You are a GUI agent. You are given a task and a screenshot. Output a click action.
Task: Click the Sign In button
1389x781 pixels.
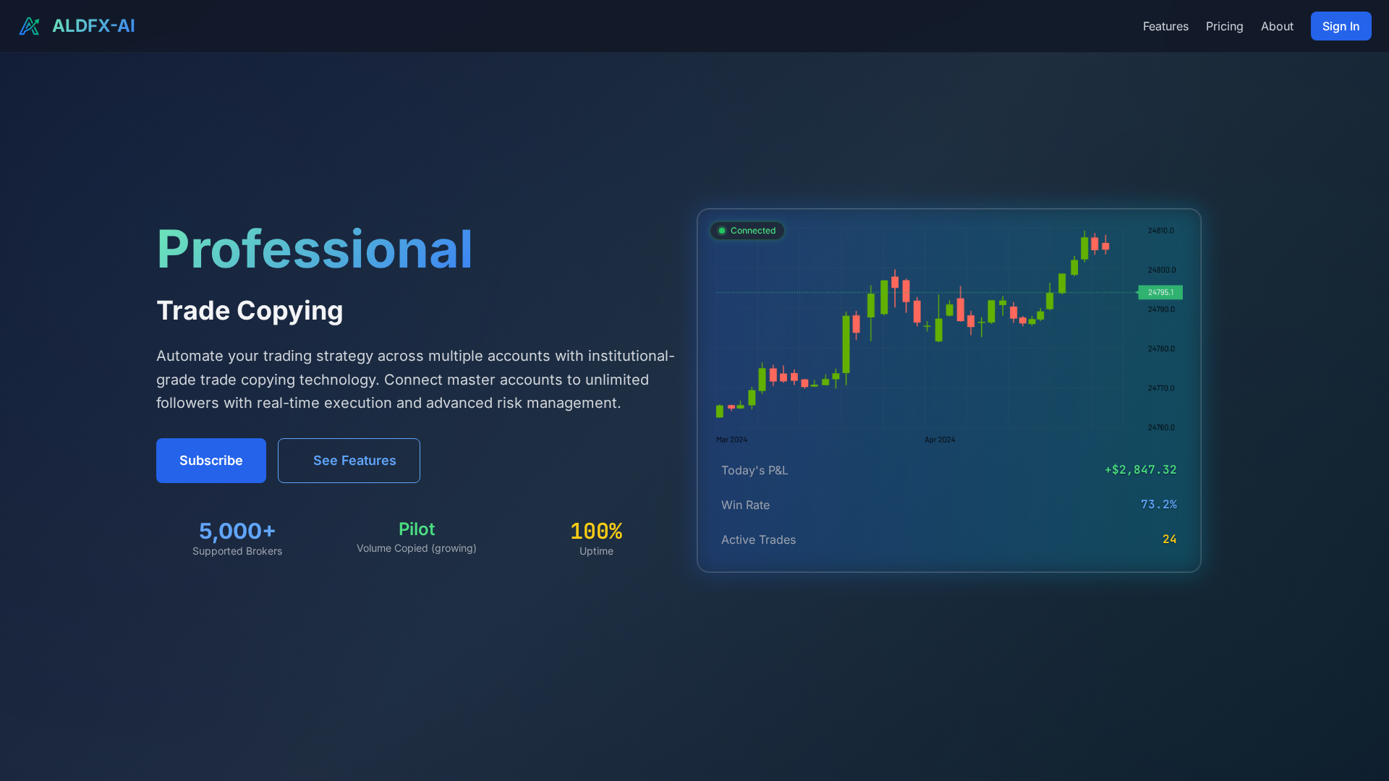pyautogui.click(x=1341, y=26)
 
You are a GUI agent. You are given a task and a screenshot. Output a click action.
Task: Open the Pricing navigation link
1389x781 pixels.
pyautogui.click(x=1224, y=26)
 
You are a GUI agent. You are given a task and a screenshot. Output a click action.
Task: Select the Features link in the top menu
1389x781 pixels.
pyautogui.click(x=1165, y=26)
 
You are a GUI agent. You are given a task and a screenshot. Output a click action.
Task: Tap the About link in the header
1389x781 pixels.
pyautogui.click(x=1277, y=26)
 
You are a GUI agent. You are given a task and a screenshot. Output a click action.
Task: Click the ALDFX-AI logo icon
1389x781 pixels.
pyautogui.click(x=29, y=26)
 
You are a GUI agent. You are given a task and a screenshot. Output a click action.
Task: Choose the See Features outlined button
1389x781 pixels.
pyautogui.click(x=349, y=461)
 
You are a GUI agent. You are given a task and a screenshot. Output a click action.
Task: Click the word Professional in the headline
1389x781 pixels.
pyautogui.click(x=314, y=249)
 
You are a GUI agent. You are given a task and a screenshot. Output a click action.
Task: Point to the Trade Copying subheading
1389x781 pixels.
pyautogui.click(x=250, y=310)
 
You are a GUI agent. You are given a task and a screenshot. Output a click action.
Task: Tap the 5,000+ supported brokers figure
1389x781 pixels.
pyautogui.click(x=237, y=531)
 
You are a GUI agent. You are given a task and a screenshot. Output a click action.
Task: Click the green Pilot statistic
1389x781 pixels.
pyautogui.click(x=417, y=529)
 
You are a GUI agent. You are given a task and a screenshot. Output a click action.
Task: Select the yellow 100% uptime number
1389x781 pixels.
pyautogui.click(x=596, y=531)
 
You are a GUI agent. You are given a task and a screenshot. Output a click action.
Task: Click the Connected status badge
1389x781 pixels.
pyautogui.click(x=747, y=231)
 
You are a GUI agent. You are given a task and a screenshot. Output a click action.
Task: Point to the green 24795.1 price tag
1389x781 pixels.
pyautogui.click(x=1160, y=292)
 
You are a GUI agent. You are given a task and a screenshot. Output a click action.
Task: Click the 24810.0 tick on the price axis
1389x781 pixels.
pyautogui.click(x=1160, y=231)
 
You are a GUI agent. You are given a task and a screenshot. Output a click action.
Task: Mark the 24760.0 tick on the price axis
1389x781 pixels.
pyautogui.click(x=1160, y=427)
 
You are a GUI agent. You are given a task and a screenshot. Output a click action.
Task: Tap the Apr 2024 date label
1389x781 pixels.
pyautogui.click(x=939, y=440)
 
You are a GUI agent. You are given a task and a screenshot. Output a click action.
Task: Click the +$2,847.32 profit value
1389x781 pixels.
pyautogui.click(x=1140, y=470)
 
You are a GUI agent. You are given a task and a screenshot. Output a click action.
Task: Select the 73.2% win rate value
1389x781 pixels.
pyautogui.click(x=1158, y=505)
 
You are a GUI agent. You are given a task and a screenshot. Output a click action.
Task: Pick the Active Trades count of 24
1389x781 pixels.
pyautogui.click(x=1169, y=539)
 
